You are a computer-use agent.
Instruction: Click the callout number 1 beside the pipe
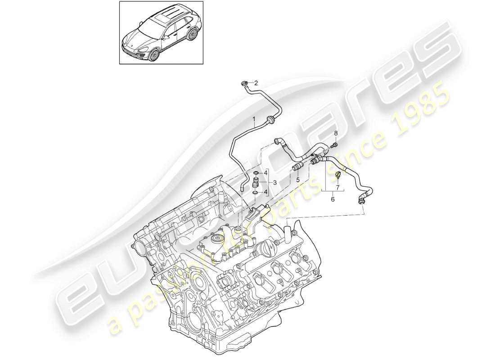pyautogui.click(x=254, y=120)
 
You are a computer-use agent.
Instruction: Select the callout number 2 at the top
pyautogui.click(x=269, y=83)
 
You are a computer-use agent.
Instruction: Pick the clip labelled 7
pyautogui.click(x=337, y=175)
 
